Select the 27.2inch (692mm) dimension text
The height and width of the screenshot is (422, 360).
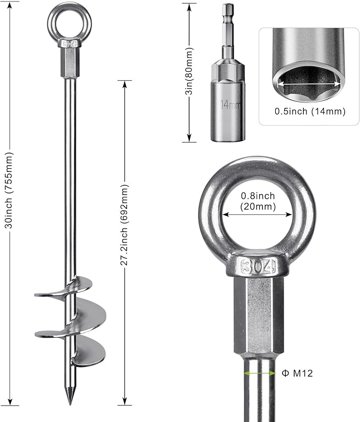coord(125,225)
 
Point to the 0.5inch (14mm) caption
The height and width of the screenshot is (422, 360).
coord(310,111)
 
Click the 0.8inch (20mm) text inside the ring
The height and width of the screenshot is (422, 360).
coord(257,200)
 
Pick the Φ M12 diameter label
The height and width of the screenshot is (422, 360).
coord(297,374)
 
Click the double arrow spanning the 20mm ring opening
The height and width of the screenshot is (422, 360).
coord(257,215)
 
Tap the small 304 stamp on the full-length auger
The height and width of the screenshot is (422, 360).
coord(69,44)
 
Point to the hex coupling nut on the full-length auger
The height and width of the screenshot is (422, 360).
coord(69,64)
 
